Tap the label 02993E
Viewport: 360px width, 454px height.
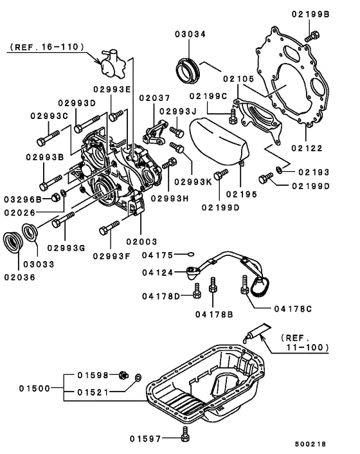112,89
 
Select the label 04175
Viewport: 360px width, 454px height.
156,255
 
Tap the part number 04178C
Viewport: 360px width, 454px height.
292,309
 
